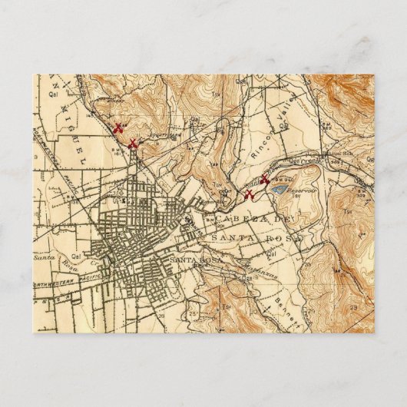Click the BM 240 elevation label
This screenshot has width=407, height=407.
pyautogui.click(x=272, y=179)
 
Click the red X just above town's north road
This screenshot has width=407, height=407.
pyautogui.click(x=133, y=144)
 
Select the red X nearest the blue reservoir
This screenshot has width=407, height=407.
pyautogui.click(x=264, y=181)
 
